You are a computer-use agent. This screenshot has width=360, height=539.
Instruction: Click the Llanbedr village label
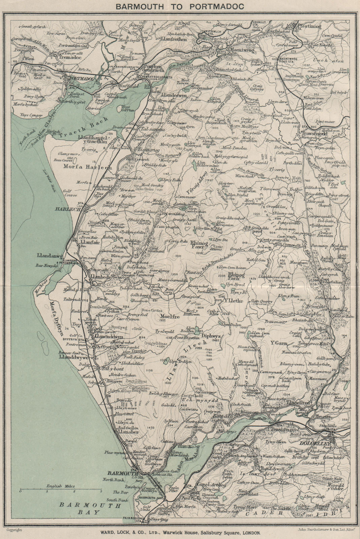(x=99, y=277)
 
